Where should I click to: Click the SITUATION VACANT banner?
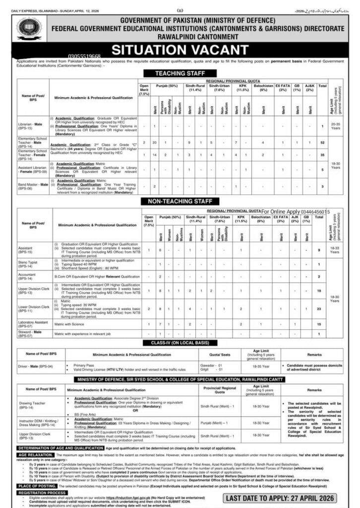tap(180, 49)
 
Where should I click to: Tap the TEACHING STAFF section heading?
tap(180, 73)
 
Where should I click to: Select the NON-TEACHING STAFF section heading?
tap(180, 201)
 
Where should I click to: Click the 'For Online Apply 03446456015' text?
tap(302, 212)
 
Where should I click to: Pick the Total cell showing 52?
tap(322, 142)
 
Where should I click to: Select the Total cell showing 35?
tap(322, 155)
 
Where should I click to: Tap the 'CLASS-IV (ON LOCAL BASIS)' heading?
tap(180, 343)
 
